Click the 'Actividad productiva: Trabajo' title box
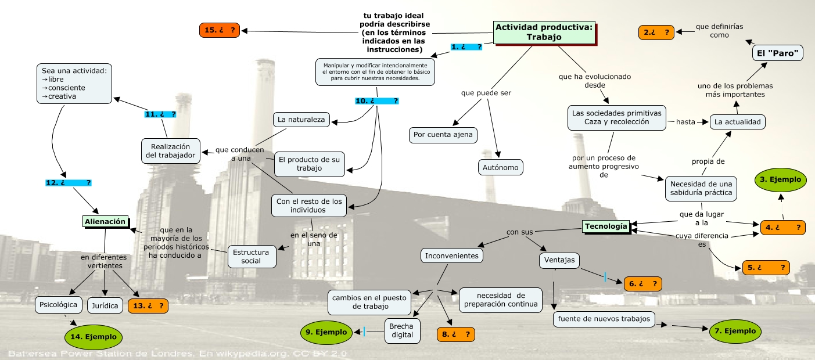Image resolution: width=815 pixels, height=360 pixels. coord(544,32)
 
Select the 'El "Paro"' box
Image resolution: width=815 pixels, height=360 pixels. coord(778,53)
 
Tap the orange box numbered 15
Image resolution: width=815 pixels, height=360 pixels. coord(219,30)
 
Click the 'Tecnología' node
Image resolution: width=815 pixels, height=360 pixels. coord(606,226)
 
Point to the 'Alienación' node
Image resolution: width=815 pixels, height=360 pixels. coord(105,221)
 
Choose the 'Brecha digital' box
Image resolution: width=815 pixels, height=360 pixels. coord(401,330)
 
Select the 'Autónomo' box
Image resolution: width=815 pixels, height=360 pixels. coord(500,168)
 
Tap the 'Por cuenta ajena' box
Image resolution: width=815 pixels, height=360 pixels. coord(443,135)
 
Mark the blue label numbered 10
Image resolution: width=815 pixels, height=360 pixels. coord(376,101)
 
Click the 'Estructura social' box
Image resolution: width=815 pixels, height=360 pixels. coord(250,257)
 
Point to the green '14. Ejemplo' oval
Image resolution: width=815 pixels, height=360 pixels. coord(94,337)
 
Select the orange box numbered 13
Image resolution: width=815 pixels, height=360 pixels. coord(148,305)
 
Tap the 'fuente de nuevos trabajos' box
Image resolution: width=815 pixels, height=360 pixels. coord(604,319)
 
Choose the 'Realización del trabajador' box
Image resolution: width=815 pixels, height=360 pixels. coord(171,150)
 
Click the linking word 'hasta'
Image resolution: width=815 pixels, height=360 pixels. coord(685,122)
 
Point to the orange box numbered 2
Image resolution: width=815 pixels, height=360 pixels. coord(656,33)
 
